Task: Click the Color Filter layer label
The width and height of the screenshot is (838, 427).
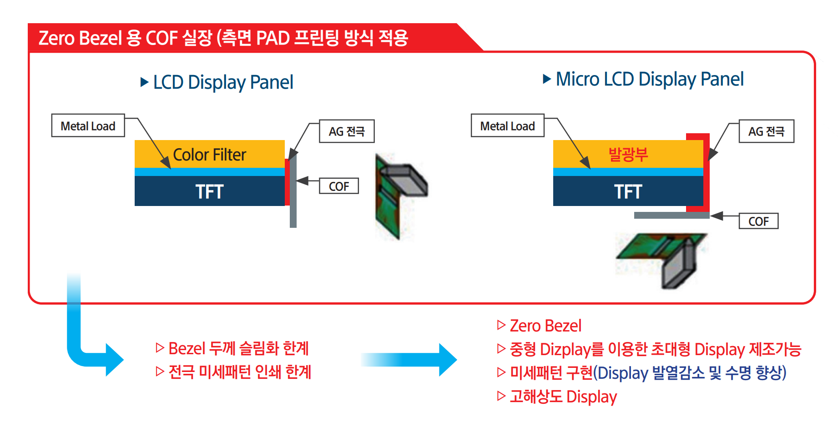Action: point(209,155)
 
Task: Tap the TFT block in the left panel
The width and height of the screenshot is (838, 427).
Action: point(210,191)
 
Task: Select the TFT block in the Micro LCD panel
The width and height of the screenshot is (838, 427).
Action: point(628,191)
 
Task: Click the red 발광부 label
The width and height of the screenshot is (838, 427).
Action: point(628,154)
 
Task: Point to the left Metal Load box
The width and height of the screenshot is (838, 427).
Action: point(88,126)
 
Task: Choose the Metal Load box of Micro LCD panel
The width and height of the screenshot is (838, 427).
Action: point(508,126)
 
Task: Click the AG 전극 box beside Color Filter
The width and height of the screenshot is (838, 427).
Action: point(347,131)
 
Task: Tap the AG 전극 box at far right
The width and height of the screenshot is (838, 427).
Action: point(767,131)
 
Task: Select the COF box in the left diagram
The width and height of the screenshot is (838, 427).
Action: point(339,186)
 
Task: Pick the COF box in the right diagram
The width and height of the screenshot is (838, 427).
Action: point(758,221)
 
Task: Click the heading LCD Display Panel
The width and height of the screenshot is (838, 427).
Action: point(223,82)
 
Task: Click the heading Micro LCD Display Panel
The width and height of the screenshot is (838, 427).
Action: point(650,79)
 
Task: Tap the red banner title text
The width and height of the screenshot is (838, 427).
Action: point(223,38)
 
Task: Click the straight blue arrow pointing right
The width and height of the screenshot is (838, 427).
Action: point(409,360)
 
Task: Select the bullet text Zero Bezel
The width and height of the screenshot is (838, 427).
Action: point(545,326)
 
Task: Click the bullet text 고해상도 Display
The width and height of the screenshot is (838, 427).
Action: point(563,397)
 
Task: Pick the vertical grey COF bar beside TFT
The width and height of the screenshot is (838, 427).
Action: point(293,191)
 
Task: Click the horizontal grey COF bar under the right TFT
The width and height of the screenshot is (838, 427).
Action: point(672,215)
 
